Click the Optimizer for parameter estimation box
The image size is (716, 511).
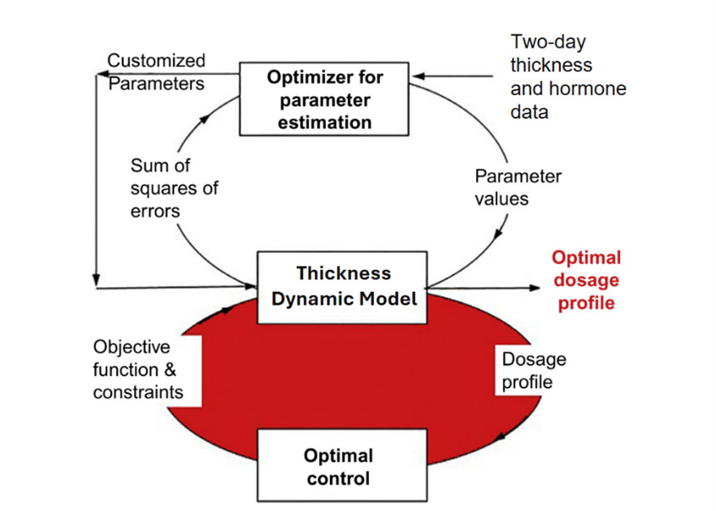(324, 100)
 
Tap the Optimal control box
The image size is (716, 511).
(337, 467)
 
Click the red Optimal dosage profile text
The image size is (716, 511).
(587, 280)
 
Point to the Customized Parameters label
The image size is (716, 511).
(156, 72)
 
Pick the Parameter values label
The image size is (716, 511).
(517, 187)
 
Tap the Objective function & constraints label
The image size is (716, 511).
(137, 369)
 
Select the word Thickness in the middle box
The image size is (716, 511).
(344, 273)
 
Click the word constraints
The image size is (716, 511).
(138, 392)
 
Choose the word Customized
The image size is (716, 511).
(156, 61)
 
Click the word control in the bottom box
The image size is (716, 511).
(337, 479)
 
